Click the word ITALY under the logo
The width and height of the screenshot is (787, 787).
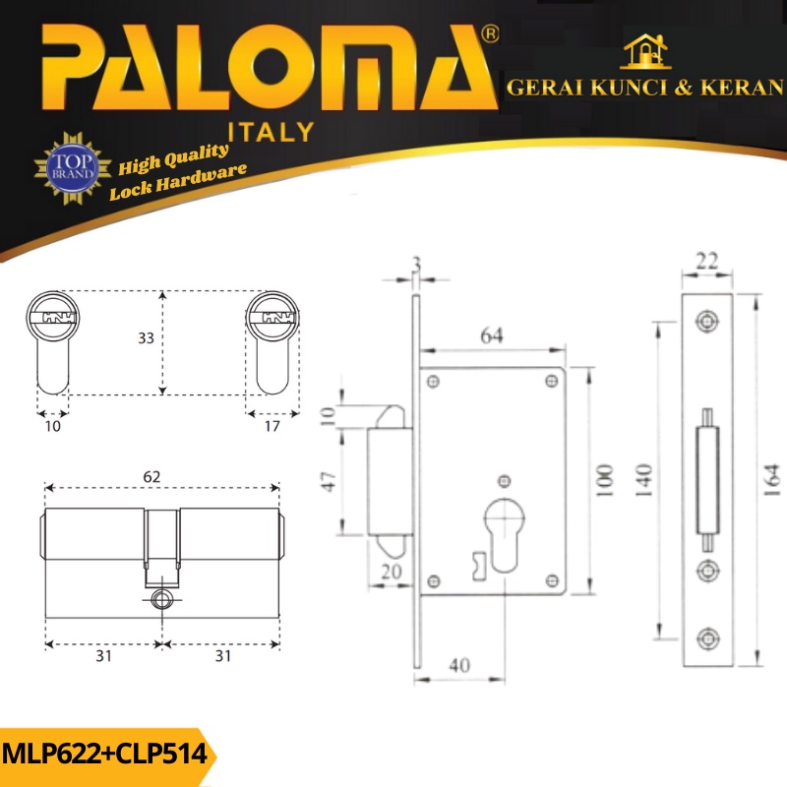pyautogui.click(x=272, y=132)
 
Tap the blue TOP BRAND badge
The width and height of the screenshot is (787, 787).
pyautogui.click(x=73, y=168)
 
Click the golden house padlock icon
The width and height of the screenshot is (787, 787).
pyautogui.click(x=645, y=52)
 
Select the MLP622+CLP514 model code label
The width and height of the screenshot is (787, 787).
pyautogui.click(x=104, y=754)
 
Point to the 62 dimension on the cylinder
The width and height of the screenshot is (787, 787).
pyautogui.click(x=151, y=476)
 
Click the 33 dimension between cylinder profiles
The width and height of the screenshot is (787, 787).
pyautogui.click(x=146, y=337)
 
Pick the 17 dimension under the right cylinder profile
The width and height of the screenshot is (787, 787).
pyautogui.click(x=272, y=426)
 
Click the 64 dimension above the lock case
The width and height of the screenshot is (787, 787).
pyautogui.click(x=492, y=335)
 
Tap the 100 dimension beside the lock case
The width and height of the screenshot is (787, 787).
pyautogui.click(x=605, y=481)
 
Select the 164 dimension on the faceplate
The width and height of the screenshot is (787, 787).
pyautogui.click(x=772, y=481)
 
